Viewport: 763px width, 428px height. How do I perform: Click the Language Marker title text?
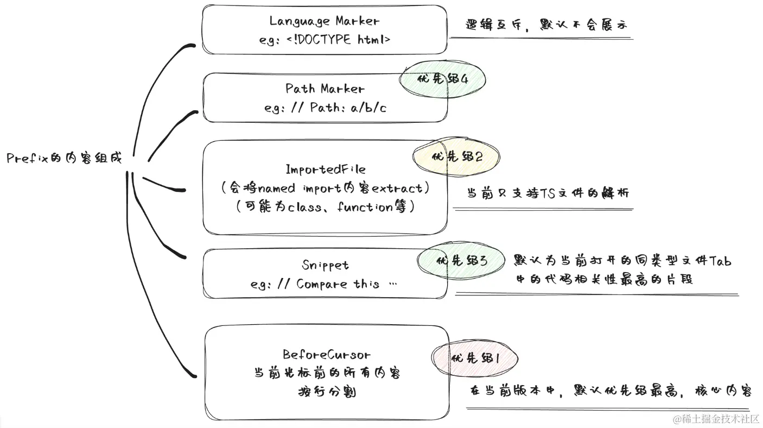pyautogui.click(x=325, y=21)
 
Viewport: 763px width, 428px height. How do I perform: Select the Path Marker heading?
pyautogui.click(x=325, y=89)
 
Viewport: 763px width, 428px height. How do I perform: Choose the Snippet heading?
pyautogui.click(x=325, y=265)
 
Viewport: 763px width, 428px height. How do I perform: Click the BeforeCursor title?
pyautogui.click(x=327, y=355)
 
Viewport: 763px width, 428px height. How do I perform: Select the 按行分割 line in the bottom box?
pyautogui.click(x=327, y=391)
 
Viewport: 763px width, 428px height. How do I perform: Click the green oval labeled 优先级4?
pyautogui.click(x=442, y=79)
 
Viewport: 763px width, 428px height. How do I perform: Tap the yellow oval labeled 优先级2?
pyautogui.click(x=456, y=156)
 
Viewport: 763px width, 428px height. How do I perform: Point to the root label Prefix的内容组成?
pyautogui.click(x=65, y=159)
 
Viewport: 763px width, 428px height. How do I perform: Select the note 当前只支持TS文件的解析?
pyautogui.click(x=548, y=192)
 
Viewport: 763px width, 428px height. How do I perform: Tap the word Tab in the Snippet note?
pyautogui.click(x=721, y=261)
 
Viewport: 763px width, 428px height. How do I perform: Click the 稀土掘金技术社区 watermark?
pyautogui.click(x=716, y=419)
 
